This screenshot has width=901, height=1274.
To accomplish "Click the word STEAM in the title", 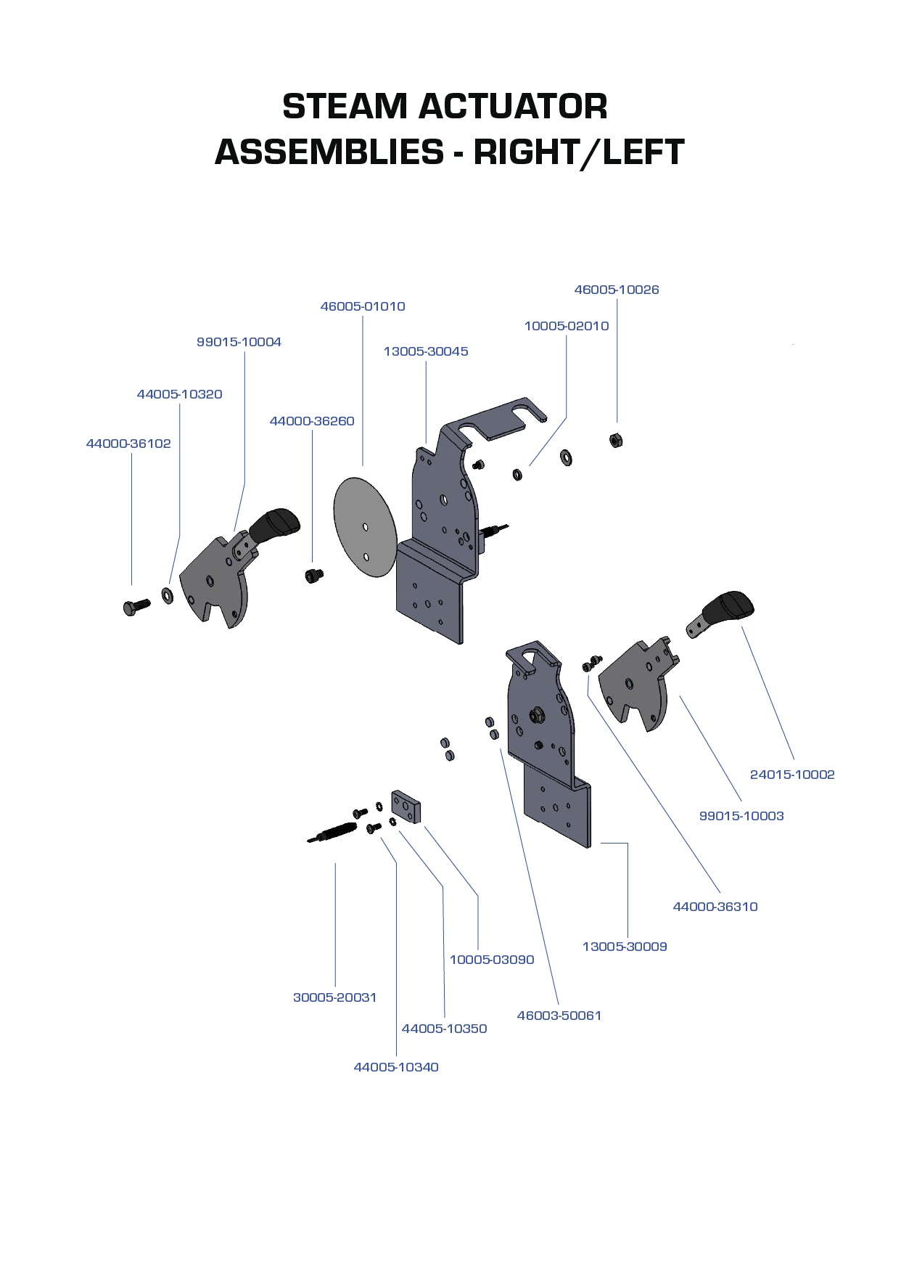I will pos(345,107).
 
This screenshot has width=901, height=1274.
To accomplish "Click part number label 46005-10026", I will pos(616,290).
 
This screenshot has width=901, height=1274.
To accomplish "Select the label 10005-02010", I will pos(566,326).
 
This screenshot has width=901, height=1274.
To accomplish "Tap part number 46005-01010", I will pos(363,306).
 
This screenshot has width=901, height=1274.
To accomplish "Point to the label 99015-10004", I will pos(239,342).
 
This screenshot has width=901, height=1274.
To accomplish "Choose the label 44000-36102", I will pos(128,444).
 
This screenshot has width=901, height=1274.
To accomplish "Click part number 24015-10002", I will pos(791,775).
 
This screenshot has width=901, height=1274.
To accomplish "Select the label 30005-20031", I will pos(334,997).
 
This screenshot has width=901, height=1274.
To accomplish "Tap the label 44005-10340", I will pos(395,1067).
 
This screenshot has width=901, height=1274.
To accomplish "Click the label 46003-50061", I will pos(559,1016).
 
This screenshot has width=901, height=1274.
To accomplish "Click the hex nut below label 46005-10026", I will pos(616,440).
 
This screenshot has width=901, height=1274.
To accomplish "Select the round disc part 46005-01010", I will pos(365,528).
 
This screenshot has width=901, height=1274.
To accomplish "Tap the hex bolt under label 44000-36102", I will pos(136,605).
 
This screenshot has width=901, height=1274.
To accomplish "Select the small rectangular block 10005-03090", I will pos(406,807).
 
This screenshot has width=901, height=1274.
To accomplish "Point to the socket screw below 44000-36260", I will pos(313,576).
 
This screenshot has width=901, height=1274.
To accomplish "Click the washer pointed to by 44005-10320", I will pos(168,596).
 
